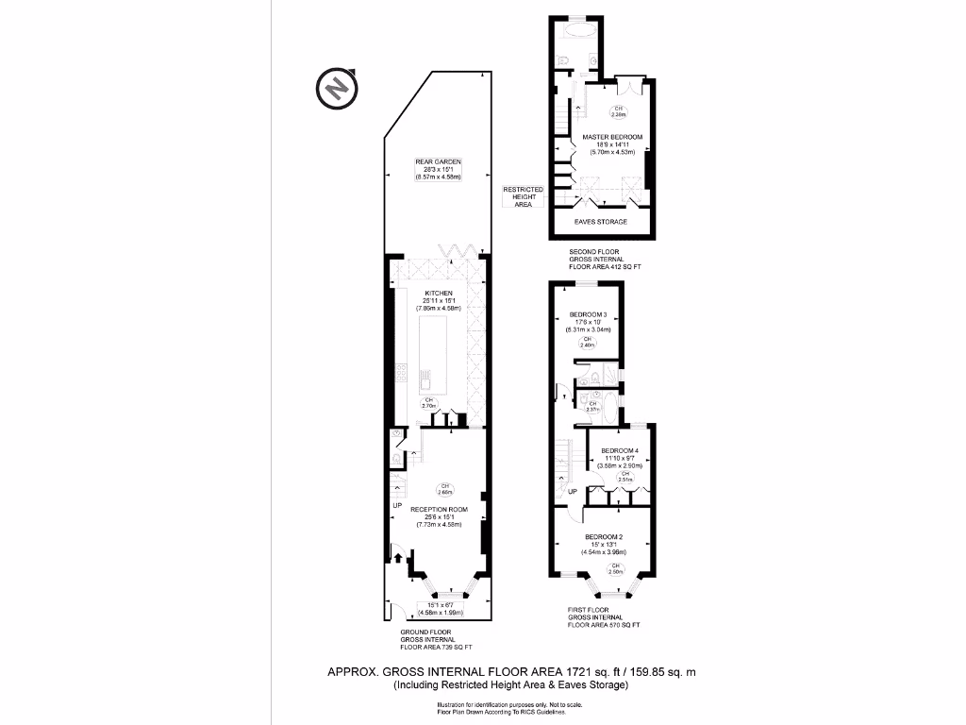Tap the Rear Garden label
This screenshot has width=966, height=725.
click(x=437, y=161)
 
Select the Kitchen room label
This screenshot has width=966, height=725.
click(x=437, y=293)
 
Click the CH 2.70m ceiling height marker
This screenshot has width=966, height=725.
click(x=429, y=403)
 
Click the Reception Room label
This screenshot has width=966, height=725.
click(x=438, y=508)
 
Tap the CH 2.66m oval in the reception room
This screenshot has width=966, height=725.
click(x=444, y=490)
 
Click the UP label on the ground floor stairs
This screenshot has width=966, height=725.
click(x=397, y=507)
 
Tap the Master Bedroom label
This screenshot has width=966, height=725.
click(x=612, y=137)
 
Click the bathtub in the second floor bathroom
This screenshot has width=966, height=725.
click(x=577, y=30)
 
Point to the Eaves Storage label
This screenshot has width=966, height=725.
click(x=601, y=222)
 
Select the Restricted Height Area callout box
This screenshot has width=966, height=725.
click(x=523, y=196)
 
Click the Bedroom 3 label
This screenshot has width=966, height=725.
click(x=588, y=314)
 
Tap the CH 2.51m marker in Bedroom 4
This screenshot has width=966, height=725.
click(x=624, y=477)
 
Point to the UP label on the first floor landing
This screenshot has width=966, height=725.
click(x=573, y=492)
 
